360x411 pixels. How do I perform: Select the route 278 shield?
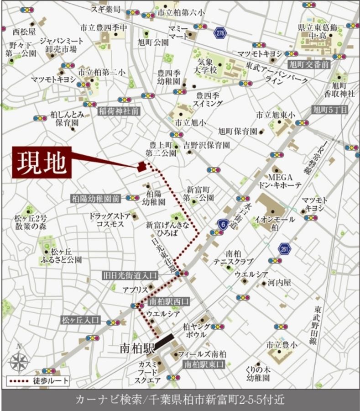(x=220, y=32)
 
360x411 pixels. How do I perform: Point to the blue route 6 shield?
(x=223, y=224)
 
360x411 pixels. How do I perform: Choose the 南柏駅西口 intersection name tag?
(x=168, y=301)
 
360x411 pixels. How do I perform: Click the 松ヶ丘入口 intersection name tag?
(x=80, y=320)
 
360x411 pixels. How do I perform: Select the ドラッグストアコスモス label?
(x=110, y=220)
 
